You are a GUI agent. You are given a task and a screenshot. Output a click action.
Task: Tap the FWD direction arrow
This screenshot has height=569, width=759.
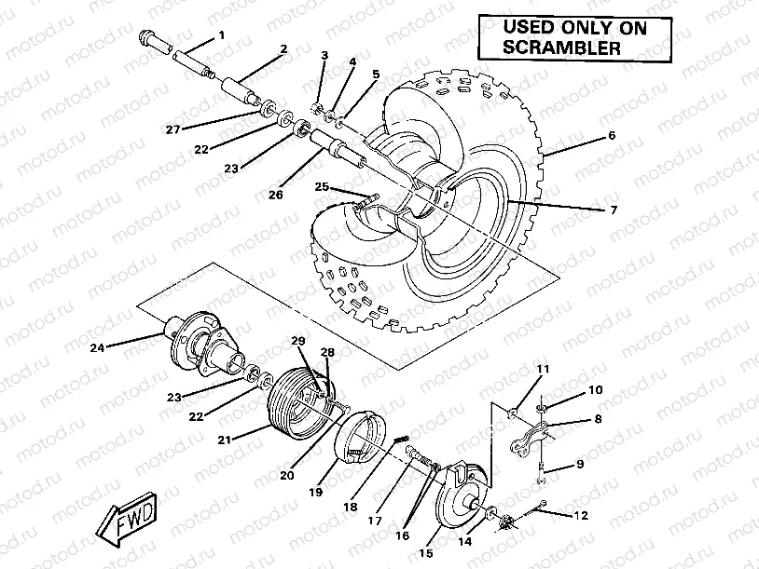pos(127,523)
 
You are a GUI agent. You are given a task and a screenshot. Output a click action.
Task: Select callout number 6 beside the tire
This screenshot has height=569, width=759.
pos(612,135)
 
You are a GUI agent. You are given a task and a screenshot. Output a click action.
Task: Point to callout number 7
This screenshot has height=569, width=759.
pos(613,210)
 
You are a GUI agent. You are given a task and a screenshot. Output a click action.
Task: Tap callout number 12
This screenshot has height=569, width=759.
pos(581,515)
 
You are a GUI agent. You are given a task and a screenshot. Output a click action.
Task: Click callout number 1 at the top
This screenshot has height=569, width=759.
pos(222,35)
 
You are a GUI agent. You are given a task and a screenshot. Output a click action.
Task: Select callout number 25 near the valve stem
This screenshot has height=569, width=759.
pos(321,187)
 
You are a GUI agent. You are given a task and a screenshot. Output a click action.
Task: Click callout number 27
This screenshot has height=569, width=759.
pos(174,128)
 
